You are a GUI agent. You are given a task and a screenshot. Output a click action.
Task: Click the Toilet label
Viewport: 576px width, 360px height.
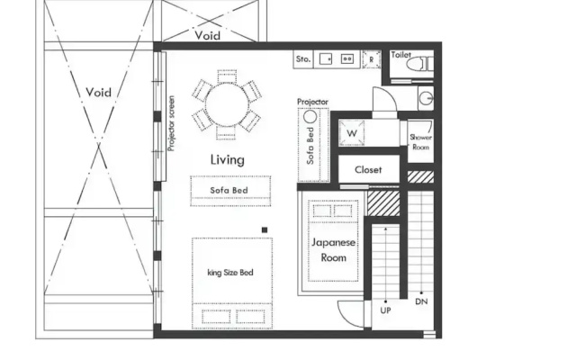tap(400, 55)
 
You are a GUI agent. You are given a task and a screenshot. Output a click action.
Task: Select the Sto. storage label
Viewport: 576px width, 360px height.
tap(303, 59)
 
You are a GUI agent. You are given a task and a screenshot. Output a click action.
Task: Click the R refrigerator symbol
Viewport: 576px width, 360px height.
tap(372, 59)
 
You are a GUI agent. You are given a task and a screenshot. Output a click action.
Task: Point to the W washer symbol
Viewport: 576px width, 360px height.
tap(352, 132)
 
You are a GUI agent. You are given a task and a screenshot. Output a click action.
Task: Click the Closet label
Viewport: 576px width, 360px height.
tap(368, 170)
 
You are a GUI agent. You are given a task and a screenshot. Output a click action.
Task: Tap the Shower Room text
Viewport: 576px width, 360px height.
tap(421, 142)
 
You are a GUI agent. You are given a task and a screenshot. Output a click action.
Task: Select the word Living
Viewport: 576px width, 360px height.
tap(228, 160)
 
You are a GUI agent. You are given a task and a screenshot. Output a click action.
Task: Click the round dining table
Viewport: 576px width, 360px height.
tap(227, 104)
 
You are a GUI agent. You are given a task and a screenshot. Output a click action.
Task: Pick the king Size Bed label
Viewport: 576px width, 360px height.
tap(230, 273)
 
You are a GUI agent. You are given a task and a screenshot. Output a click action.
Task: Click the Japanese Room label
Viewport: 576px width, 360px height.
tap(334, 250)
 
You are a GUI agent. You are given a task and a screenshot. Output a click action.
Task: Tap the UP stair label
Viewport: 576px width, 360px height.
tap(385, 310)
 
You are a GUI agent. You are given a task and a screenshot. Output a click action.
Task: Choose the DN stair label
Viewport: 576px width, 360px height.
tap(421, 302)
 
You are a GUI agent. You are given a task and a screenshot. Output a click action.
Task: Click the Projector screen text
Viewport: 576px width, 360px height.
tap(171, 123)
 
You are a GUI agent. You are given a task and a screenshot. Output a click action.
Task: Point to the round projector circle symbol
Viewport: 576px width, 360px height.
tap(310, 117)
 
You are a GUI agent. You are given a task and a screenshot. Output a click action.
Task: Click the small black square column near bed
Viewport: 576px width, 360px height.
tap(265, 230)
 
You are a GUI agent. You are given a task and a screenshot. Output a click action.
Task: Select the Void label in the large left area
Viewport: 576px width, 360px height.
tap(98, 92)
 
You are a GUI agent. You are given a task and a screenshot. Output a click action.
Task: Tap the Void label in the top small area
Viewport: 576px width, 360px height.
tap(208, 36)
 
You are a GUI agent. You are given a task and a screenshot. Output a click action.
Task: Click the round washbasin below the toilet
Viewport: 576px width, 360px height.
tap(427, 98)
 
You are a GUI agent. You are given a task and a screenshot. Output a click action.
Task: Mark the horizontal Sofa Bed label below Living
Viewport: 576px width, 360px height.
tap(229, 190)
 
